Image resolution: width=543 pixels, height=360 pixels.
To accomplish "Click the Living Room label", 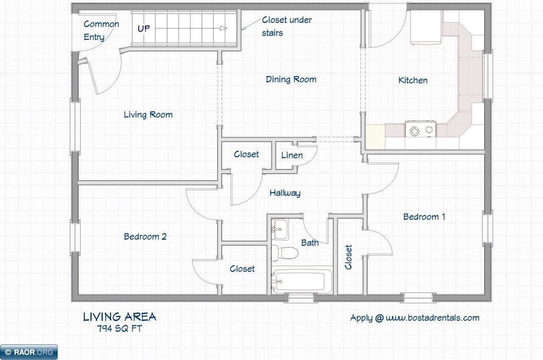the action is (x=148, y=114).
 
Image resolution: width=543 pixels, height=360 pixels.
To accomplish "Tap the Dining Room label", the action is (x=291, y=79).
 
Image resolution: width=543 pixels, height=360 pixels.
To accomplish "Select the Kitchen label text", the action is (x=413, y=80).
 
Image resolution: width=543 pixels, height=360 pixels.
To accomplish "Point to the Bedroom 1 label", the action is (x=424, y=217).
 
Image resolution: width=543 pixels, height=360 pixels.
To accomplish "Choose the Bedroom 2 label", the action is (x=145, y=237).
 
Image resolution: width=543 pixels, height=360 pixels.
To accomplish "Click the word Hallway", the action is (x=285, y=193).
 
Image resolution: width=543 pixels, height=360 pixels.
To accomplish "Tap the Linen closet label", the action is (x=292, y=155).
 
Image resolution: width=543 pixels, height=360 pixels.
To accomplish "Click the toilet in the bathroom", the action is (x=285, y=253).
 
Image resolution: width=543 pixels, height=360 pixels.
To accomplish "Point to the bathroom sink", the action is (x=280, y=229).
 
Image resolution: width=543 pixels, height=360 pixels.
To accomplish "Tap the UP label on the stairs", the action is (x=144, y=29).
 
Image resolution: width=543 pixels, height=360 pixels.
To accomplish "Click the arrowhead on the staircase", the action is (x=223, y=28).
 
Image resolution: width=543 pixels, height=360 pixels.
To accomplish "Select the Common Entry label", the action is (x=101, y=31).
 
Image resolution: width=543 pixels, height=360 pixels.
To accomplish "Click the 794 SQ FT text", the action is (x=120, y=329).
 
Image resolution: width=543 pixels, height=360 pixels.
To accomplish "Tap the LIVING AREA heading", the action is (x=120, y=317).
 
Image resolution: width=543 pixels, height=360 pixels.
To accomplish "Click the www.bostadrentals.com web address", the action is (x=432, y=318).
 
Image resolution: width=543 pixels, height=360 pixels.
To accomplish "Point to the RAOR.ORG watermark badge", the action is (x=29, y=352).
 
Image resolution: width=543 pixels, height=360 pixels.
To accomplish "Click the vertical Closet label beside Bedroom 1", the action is (x=348, y=257).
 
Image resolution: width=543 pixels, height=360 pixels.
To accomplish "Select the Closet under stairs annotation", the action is (x=286, y=26).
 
